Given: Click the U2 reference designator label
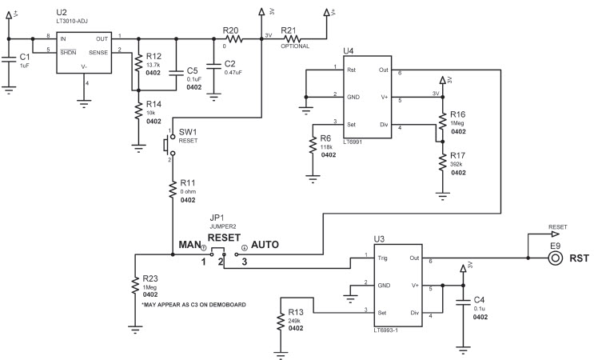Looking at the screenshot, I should point(62,14).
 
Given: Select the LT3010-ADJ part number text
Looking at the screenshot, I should point(74,22).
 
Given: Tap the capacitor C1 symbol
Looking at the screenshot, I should point(9,58).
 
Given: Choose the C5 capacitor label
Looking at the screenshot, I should point(193,70).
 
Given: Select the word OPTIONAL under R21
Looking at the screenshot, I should point(295,46).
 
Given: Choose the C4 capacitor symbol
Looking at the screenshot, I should point(461,302).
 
